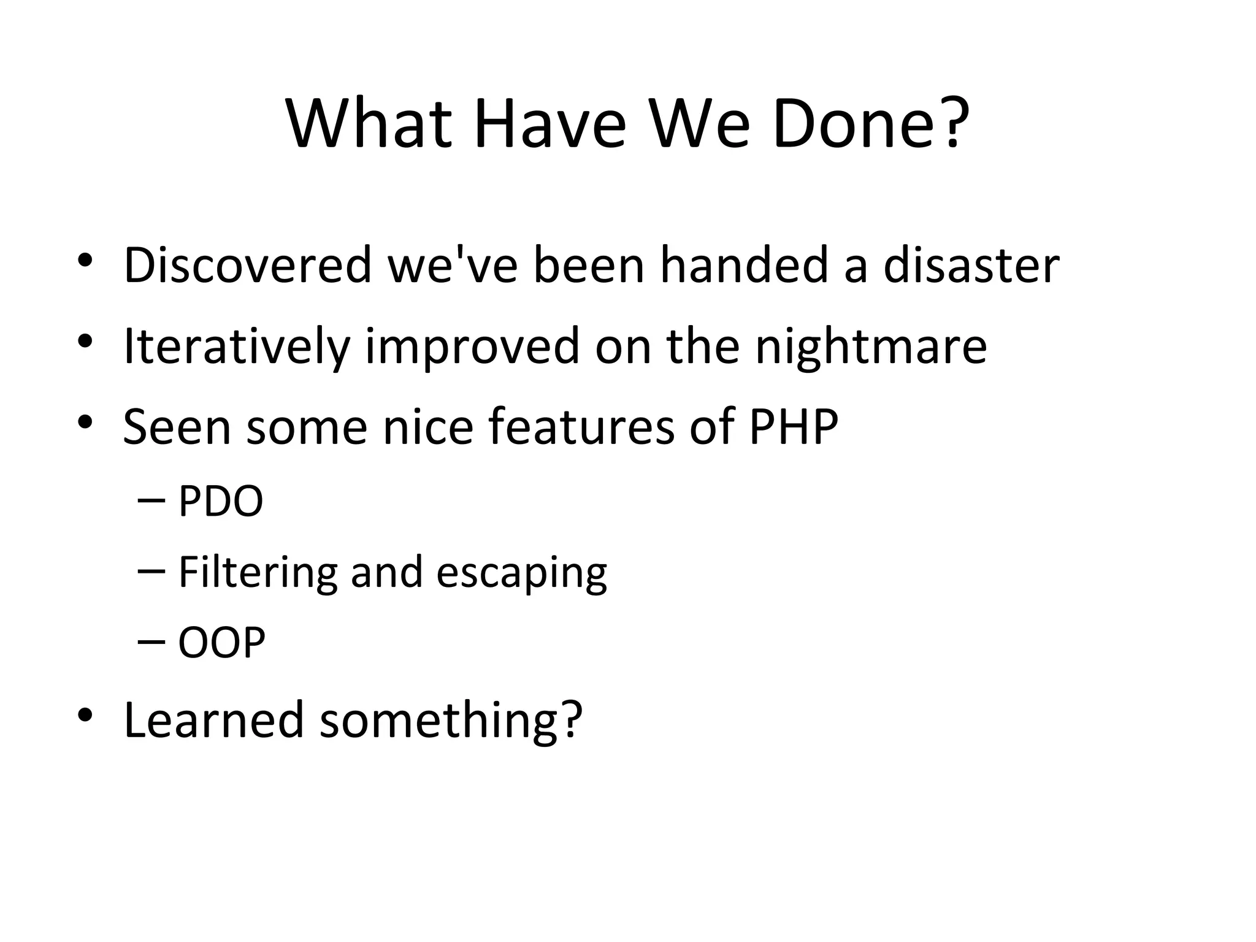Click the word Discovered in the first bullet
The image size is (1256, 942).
coord(248,265)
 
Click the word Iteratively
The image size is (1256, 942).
coord(237,346)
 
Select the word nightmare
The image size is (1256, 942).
coord(871,346)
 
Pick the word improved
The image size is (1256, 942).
coord(472,347)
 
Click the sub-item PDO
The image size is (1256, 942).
coord(220,501)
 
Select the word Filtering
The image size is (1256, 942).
coord(258,572)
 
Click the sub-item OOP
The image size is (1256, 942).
coord(221,643)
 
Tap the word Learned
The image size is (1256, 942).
coord(213,719)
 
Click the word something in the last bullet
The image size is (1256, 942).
coord(450,720)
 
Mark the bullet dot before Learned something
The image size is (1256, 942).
coord(85,715)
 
